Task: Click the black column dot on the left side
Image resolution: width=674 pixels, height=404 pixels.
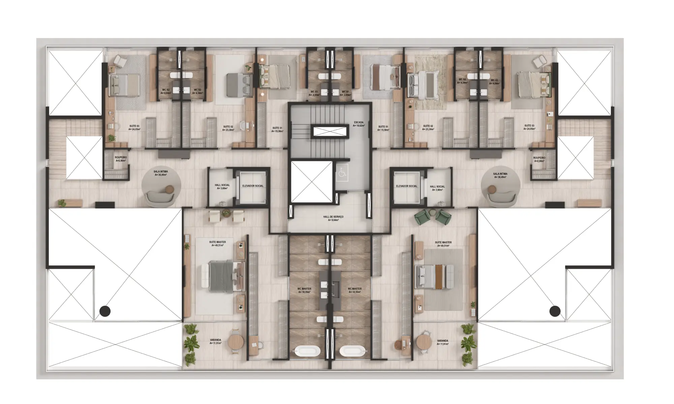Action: click(x=105, y=311)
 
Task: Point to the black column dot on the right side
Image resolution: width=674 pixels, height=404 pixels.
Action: click(x=555, y=311)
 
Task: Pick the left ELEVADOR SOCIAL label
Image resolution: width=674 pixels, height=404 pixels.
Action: click(x=253, y=186)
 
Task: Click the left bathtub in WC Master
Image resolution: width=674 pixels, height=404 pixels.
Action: click(x=307, y=352)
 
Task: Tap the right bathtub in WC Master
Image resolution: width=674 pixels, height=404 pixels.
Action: click(x=352, y=352)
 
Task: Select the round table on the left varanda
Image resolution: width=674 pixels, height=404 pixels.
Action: click(x=236, y=342)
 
